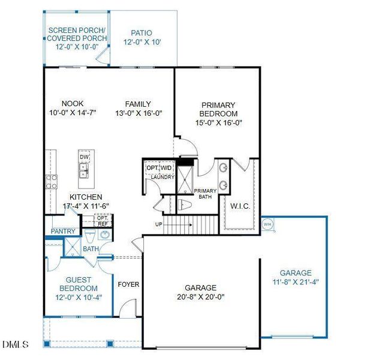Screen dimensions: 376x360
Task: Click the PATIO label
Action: pyautogui.click(x=142, y=33)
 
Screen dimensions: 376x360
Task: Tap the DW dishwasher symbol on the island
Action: pyautogui.click(x=84, y=157)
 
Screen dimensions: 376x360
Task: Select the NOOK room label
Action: pyautogui.click(x=73, y=104)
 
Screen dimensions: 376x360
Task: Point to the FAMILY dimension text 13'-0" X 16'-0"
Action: pyautogui.click(x=139, y=113)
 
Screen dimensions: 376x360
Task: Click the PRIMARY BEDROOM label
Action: pyautogui.click(x=218, y=109)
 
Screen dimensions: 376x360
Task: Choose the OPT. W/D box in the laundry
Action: pyautogui.click(x=160, y=168)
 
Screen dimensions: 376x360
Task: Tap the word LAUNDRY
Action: pyautogui.click(x=163, y=177)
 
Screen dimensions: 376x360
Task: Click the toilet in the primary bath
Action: pyautogui.click(x=185, y=205)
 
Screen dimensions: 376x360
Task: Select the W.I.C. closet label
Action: pyautogui.click(x=240, y=206)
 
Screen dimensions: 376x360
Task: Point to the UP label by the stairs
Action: pyautogui.click(x=159, y=224)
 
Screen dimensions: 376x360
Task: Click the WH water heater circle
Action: pyautogui.click(x=267, y=224)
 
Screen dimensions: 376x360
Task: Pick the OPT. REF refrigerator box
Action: pyautogui.click(x=103, y=221)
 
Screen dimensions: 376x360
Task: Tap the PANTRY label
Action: pyautogui.click(x=63, y=231)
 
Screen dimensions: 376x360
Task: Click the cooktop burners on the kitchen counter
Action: pyautogui.click(x=52, y=182)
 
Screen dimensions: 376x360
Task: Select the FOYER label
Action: pyautogui.click(x=128, y=284)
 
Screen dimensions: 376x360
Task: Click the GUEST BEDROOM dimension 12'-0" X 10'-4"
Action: pyautogui.click(x=79, y=298)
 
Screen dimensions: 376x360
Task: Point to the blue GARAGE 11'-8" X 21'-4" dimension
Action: pyautogui.click(x=296, y=282)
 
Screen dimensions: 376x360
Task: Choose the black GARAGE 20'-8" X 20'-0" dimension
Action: pyautogui.click(x=201, y=297)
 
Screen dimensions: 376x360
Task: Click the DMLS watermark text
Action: pyautogui.click(x=16, y=344)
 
